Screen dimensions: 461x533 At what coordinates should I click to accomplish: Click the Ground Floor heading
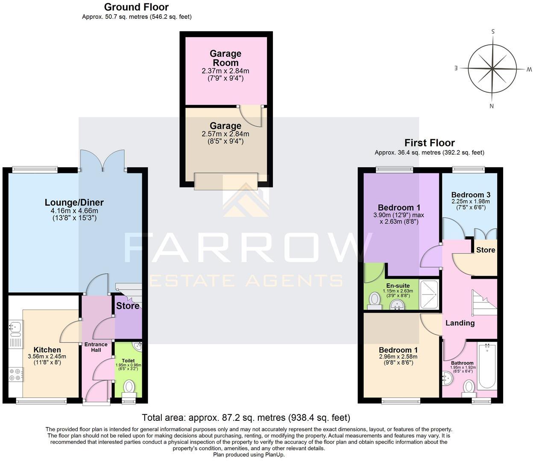point(136,7)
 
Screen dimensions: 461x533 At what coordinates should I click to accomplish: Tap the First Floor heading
point(429,143)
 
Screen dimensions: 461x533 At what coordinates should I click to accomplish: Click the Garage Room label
point(225,58)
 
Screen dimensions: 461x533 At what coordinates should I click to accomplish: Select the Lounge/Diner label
point(74,202)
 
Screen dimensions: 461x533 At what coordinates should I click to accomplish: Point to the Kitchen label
point(47,350)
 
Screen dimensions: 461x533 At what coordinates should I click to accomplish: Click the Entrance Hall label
point(96,347)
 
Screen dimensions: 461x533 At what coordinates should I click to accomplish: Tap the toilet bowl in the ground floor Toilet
point(129,388)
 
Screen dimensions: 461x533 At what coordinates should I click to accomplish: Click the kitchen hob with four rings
point(16,374)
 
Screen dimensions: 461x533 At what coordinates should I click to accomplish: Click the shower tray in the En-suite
point(429,294)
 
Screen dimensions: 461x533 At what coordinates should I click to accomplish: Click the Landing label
point(460,323)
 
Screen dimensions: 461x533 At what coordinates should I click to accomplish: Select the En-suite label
point(398,286)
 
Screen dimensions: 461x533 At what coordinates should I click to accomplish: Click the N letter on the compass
point(492,106)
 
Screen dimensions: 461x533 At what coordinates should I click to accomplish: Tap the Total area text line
point(246,417)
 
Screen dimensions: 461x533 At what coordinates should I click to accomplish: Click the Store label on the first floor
point(486,250)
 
